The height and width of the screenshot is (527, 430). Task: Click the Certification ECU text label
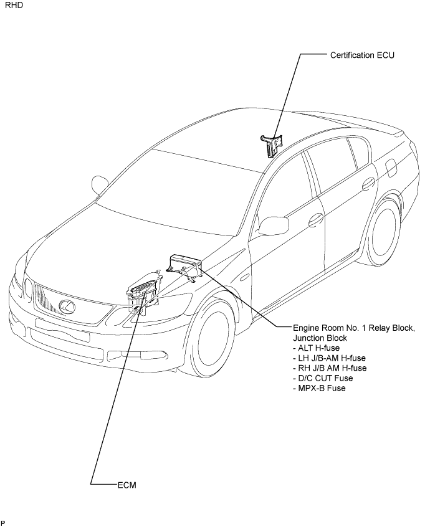point(362,55)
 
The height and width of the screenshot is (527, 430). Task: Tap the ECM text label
point(127,485)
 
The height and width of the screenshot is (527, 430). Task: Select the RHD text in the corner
point(14,6)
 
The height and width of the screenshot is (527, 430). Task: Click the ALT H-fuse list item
point(317,348)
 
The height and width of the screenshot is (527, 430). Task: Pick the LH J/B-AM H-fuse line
point(329,358)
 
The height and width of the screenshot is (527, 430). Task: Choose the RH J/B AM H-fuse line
point(330,368)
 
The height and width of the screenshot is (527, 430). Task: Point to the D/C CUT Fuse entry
point(323,378)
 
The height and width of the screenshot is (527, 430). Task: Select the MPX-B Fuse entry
point(320,388)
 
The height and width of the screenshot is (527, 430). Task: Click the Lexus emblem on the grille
point(67,306)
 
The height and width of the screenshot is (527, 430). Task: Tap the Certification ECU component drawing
point(271,145)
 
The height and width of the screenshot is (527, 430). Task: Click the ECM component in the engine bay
point(144,293)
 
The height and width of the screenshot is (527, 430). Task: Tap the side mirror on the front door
point(274,225)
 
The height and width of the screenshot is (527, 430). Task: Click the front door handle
point(316,219)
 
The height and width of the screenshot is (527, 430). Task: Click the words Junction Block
point(320,338)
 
